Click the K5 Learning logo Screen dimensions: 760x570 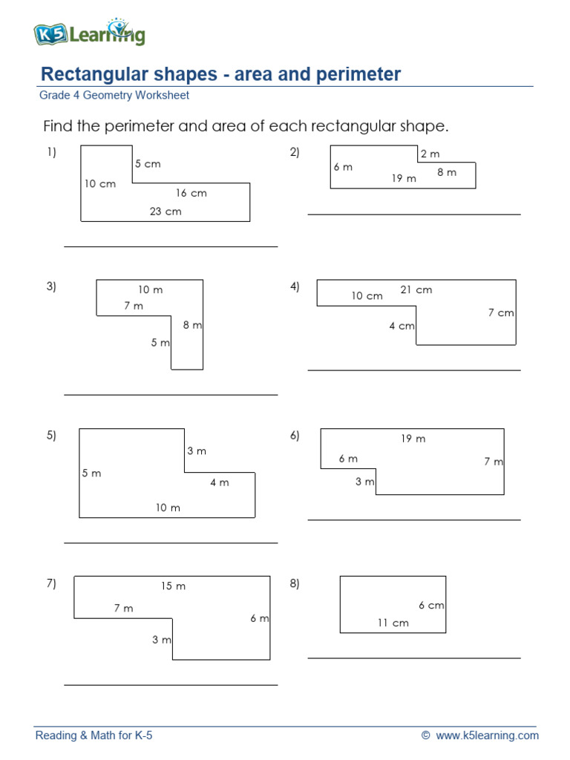point(89,33)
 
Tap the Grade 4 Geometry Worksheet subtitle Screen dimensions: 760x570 point(114,96)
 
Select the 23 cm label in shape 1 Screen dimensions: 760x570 point(166,212)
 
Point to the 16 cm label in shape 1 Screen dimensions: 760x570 point(191,193)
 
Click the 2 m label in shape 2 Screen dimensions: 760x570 point(430,154)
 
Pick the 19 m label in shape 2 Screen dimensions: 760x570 point(404,178)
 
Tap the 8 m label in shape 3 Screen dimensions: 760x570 point(192,325)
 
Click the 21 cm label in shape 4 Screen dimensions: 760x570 point(416,290)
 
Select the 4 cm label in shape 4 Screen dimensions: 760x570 point(402,326)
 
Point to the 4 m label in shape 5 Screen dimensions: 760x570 point(219,482)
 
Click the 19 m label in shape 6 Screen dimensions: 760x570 point(413,439)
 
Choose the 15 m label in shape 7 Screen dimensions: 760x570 point(173,586)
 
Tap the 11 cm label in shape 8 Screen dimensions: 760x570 point(393,623)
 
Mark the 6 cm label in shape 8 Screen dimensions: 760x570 point(431,606)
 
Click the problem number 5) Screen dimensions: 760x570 point(51,436)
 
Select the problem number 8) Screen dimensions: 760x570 point(295,583)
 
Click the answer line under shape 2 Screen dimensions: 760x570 point(414,214)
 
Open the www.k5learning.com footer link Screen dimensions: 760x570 point(487,736)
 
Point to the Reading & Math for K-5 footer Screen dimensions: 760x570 point(94,736)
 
